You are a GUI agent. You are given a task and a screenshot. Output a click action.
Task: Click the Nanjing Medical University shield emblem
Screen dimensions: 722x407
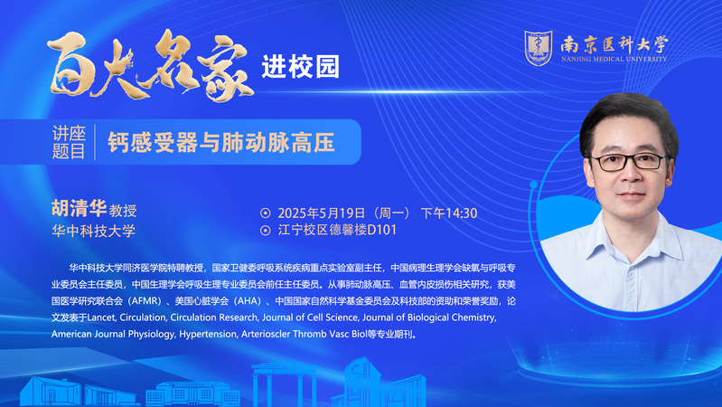[x=539, y=48]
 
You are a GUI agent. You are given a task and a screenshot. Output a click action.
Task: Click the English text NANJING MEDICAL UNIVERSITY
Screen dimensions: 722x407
[x=614, y=59]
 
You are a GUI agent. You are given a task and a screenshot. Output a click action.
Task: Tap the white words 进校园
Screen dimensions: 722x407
[x=301, y=67]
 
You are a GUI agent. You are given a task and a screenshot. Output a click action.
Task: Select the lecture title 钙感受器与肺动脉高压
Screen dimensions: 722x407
[x=221, y=142]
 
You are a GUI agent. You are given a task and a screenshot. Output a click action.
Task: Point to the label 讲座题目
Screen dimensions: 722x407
[x=69, y=142]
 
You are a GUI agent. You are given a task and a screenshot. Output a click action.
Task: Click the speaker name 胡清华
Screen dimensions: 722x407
[x=79, y=208]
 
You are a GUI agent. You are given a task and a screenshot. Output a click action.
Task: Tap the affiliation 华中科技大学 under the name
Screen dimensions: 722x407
[x=93, y=231]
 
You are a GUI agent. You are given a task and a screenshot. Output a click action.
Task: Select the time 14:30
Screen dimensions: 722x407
[x=462, y=213]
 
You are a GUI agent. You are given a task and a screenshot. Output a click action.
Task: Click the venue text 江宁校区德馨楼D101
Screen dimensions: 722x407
[x=337, y=230]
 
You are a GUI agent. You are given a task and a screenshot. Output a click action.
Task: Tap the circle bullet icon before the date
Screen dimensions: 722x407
[x=266, y=213]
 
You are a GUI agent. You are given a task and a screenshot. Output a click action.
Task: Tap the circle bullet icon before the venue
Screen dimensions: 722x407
[x=266, y=230]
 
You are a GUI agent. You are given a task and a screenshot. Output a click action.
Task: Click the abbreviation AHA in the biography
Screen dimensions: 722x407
[x=248, y=301]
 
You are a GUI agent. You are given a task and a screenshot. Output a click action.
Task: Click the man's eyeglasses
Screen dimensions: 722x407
[x=629, y=162]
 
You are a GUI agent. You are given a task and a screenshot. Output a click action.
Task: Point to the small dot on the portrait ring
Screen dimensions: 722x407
[x=534, y=185]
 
